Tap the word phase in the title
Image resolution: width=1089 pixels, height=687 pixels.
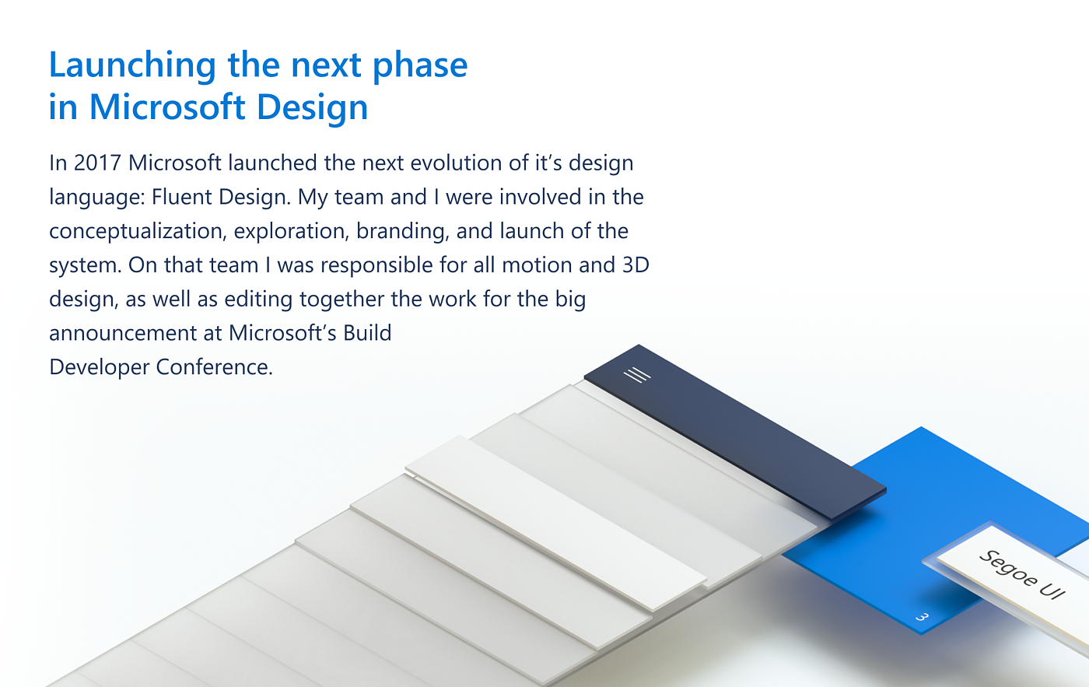[x=420, y=66]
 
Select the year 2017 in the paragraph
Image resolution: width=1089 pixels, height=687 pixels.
[x=97, y=163]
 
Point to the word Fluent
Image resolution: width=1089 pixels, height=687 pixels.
[x=182, y=198]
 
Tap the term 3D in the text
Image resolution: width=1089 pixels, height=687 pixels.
[x=636, y=265]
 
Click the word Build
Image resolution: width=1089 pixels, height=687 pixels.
[x=367, y=334]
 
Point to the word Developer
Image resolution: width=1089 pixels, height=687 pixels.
[x=100, y=367]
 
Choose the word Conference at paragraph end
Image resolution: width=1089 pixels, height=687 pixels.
[x=214, y=367]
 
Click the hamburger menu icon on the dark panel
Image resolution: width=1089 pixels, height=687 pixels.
[x=637, y=376]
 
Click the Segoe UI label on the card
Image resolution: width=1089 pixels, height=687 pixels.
[x=1021, y=575]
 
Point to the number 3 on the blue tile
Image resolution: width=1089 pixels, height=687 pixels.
[x=922, y=617]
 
